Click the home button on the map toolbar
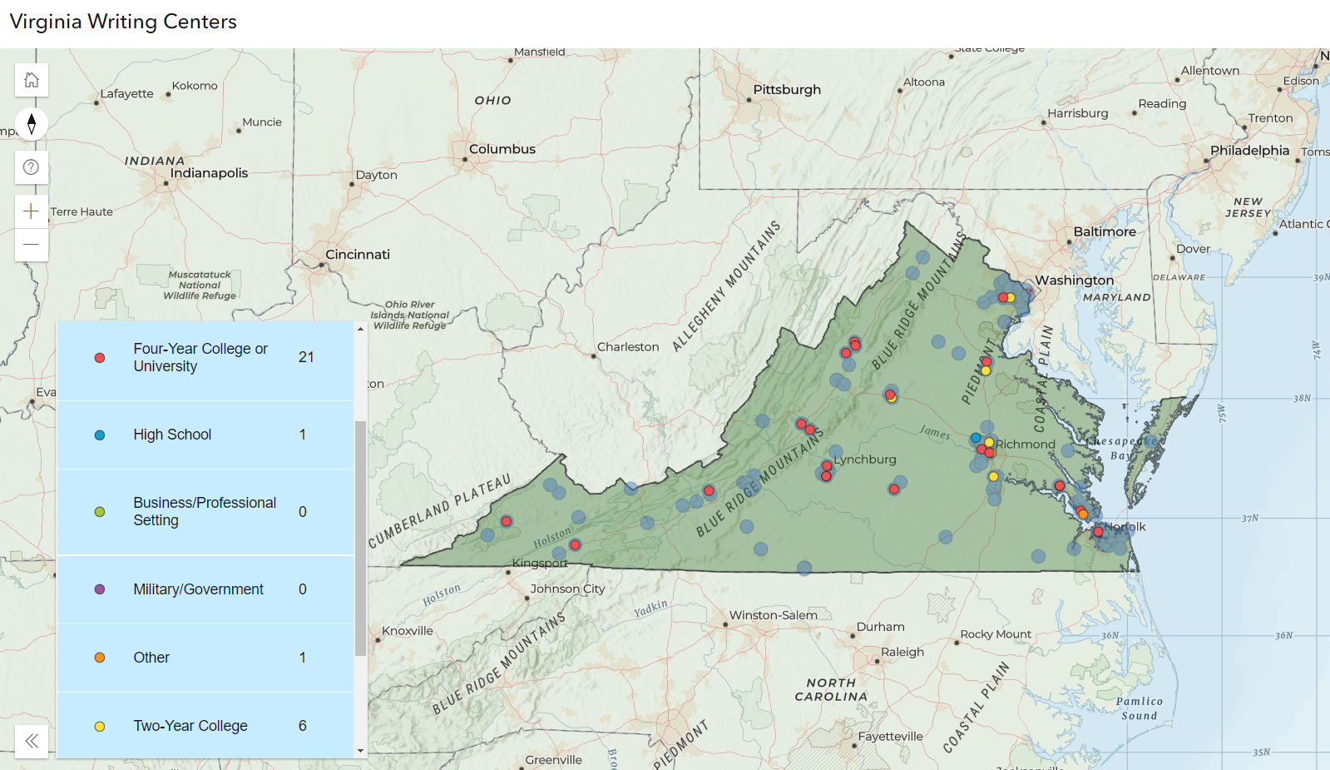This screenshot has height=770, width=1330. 32,80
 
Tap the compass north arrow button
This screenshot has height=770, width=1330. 32,124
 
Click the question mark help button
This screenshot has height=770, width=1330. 32,167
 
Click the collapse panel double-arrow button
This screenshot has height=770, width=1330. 32,741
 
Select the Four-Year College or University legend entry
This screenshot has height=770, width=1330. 200,357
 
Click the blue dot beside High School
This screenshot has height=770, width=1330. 100,435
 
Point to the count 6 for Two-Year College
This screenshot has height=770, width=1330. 303,726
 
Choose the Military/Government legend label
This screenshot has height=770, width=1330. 198,589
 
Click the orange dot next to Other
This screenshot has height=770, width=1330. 100,658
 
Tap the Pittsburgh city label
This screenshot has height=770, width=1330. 787,90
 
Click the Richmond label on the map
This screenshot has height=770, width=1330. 1026,445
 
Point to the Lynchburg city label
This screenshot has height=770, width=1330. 865,460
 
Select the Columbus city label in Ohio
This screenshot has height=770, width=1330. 502,149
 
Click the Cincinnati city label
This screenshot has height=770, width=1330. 358,255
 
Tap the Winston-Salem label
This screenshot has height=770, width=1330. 773,615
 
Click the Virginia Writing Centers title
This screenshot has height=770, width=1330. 123,22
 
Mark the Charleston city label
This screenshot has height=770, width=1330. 628,347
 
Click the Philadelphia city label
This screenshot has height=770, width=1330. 1249,151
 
